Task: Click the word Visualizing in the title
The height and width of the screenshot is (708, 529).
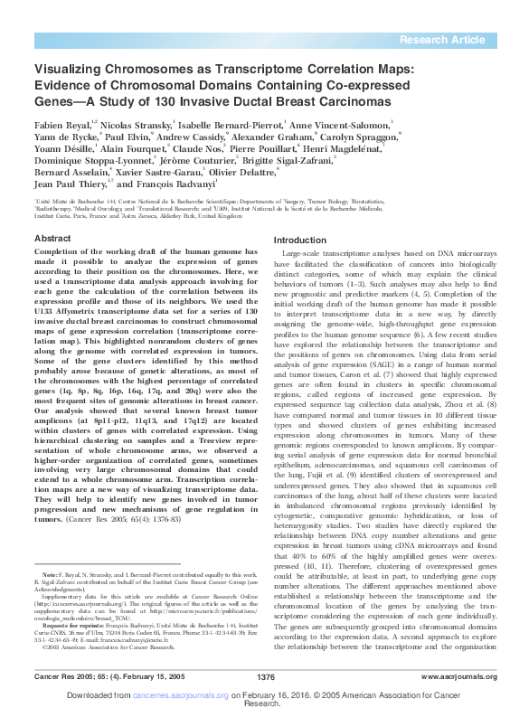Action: point(70,68)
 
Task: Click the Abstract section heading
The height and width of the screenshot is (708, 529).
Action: point(52,238)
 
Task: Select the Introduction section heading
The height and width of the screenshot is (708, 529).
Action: point(299,240)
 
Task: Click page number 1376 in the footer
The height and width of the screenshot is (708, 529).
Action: point(265,676)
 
